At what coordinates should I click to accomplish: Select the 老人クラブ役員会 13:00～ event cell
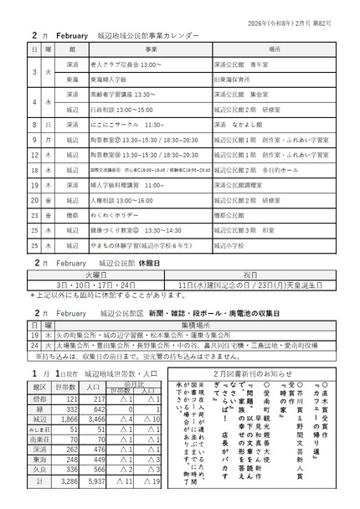pyautogui.click(x=126, y=64)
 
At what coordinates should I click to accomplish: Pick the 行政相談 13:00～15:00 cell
pyautogui.click(x=122, y=110)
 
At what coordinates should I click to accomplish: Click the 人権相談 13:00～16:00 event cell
pyautogui.click(x=122, y=201)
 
